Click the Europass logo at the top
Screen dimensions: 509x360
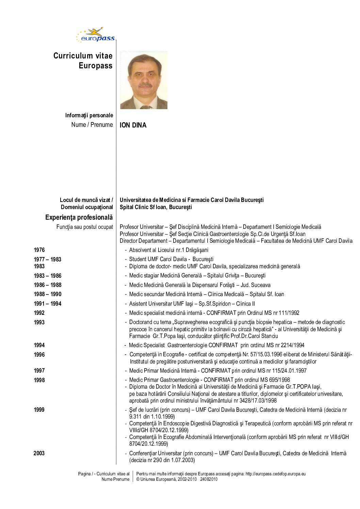96,35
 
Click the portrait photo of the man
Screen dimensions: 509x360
144,80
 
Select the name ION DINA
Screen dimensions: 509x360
133,125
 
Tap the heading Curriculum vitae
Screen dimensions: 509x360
83,56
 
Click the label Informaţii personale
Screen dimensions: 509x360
89,115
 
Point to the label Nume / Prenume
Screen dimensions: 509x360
92,125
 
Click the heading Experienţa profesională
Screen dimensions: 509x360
79,217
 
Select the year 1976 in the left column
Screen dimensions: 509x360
39,250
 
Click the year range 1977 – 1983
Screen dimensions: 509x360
47,259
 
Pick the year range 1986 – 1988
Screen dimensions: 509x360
47,285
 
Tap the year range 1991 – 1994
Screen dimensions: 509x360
47,304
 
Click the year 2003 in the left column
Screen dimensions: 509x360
39,453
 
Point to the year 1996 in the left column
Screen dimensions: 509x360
39,355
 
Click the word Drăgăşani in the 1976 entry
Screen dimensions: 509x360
197,250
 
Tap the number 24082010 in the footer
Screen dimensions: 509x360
209,479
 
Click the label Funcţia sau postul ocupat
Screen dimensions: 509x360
84,227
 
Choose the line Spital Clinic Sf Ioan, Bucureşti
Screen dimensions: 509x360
156,207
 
